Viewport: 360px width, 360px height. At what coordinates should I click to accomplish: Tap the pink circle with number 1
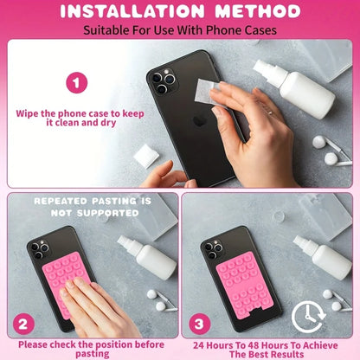78,84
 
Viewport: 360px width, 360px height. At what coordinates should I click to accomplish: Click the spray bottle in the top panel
294,87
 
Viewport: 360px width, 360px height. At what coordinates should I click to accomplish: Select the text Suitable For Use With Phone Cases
180,31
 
